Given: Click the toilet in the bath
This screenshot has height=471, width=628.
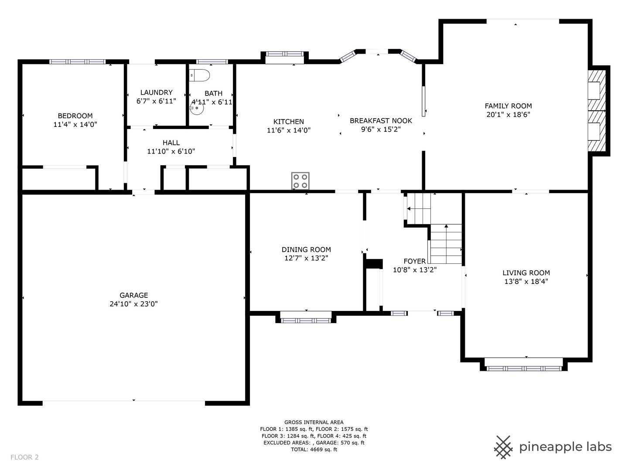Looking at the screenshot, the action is [x=199, y=75].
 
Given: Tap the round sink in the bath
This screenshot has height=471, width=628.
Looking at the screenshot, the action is [x=197, y=108].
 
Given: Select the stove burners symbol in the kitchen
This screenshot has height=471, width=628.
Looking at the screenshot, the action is [x=300, y=181].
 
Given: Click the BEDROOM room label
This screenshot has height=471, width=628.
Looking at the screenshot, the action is [x=75, y=116].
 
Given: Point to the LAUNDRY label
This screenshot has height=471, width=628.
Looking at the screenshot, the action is [x=156, y=92].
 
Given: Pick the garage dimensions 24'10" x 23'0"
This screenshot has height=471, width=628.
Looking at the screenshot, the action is [x=133, y=304].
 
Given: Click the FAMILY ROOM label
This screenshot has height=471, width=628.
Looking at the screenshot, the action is [x=508, y=106].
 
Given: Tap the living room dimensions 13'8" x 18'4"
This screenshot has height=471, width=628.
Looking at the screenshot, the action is [x=526, y=281].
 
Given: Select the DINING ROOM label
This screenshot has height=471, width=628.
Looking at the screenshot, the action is [x=306, y=249].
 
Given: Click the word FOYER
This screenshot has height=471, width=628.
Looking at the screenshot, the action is [x=415, y=261].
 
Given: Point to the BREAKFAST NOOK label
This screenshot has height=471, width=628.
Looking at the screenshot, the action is [x=381, y=121].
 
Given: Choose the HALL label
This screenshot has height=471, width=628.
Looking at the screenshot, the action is [x=171, y=143].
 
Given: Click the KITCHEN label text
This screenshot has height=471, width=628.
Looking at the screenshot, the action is [x=288, y=122].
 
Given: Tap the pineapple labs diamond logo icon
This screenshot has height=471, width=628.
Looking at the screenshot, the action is [x=503, y=447].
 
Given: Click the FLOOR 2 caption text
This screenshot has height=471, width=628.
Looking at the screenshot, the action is [x=24, y=457].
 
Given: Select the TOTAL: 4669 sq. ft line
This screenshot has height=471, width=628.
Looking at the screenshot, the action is [x=314, y=449].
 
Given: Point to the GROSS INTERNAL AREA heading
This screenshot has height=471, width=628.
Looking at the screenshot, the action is [x=314, y=422].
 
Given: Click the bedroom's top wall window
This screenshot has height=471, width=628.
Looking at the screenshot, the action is [x=77, y=62].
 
